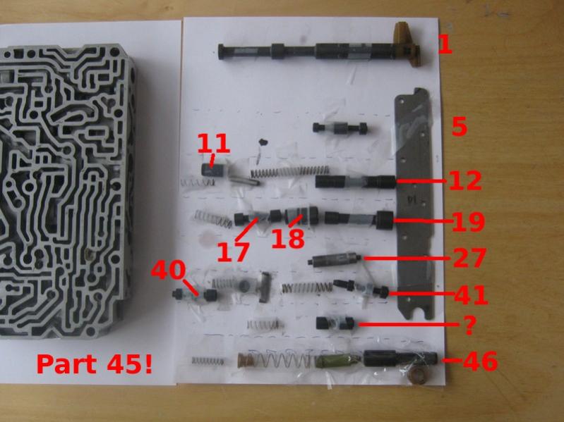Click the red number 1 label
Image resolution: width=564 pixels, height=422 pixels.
point(445,45)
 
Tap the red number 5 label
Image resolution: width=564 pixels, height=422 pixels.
point(460,127)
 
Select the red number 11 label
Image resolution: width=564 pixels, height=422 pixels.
point(213,143)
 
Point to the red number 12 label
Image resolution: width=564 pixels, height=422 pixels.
point(464,180)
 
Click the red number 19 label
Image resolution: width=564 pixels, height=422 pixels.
point(468,222)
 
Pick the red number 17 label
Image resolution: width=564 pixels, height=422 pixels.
point(233,252)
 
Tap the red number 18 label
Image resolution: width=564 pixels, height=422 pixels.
point(288,239)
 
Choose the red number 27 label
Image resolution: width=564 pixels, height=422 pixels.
point(469,258)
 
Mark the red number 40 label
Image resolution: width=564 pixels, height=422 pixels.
point(168,270)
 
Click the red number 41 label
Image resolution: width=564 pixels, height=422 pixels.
point(472,295)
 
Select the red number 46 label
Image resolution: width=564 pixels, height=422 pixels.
point(480,361)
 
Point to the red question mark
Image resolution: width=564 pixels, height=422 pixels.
point(469,325)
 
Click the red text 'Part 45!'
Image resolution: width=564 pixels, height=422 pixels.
point(95,364)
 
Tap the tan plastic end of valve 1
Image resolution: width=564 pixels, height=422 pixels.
point(407,45)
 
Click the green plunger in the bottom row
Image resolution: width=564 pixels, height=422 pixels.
point(337,360)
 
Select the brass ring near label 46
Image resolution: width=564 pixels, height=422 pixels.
point(419,375)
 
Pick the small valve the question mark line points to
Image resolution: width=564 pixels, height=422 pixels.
point(335,323)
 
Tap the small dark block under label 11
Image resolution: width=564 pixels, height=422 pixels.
point(213,169)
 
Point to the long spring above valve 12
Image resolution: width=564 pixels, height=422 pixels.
point(290,171)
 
